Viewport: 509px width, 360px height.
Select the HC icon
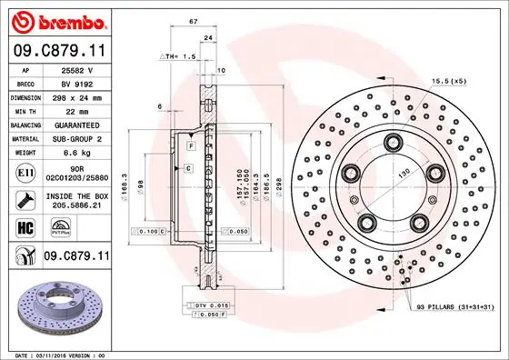pos(25,228)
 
